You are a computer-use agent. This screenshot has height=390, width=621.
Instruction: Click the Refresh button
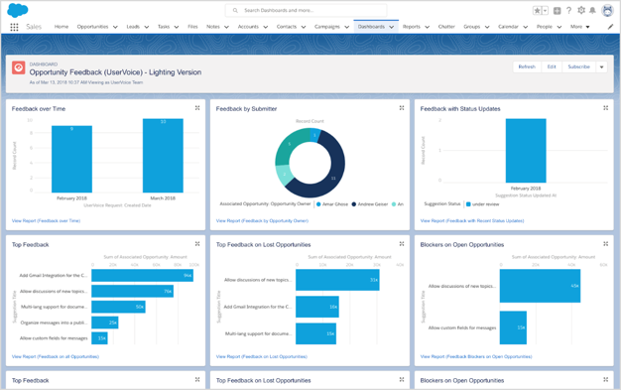[526, 66]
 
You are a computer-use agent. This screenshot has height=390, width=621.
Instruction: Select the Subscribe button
[578, 66]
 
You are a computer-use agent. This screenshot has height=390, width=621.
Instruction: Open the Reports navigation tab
[411, 27]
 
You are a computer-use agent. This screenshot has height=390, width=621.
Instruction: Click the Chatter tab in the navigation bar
[445, 27]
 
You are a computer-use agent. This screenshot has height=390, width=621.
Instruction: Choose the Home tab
[62, 27]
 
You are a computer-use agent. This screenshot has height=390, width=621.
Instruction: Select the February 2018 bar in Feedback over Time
[71, 159]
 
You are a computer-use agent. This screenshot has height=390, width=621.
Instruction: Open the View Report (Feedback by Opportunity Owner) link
[262, 220]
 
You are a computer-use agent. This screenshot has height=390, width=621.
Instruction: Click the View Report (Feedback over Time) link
[46, 220]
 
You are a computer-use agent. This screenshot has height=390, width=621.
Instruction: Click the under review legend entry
[483, 204]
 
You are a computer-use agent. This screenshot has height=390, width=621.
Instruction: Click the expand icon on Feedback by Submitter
[402, 108]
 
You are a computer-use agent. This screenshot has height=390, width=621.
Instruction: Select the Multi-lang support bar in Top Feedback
[119, 307]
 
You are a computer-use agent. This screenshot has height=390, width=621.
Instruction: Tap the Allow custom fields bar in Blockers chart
[513, 327]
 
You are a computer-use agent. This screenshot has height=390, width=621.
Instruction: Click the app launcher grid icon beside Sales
[14, 27]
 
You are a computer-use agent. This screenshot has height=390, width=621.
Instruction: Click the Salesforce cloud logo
[17, 10]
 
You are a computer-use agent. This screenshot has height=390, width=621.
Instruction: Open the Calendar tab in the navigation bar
[508, 27]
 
